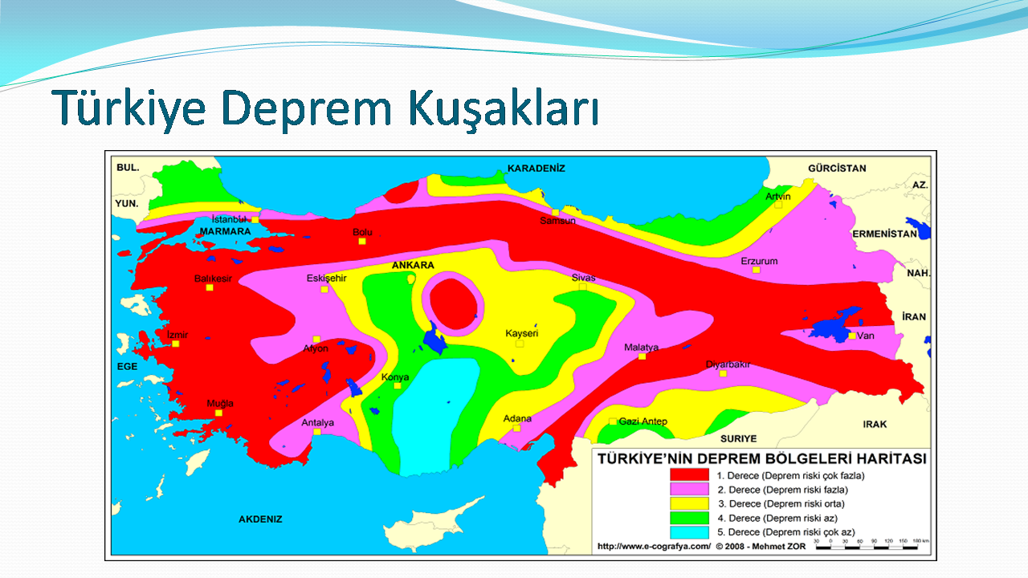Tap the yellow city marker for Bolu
pyautogui.click(x=362, y=242)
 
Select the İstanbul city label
pyautogui.click(x=229, y=219)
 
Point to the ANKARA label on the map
pyautogui.click(x=413, y=265)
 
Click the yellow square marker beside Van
pyautogui.click(x=852, y=336)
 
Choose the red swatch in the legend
pyautogui.click(x=689, y=474)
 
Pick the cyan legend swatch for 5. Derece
pyautogui.click(x=689, y=532)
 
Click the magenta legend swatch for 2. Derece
pyautogui.click(x=689, y=489)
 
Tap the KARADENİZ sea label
pyautogui.click(x=536, y=169)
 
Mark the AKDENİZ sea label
pyautogui.click(x=260, y=519)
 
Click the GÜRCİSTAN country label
pyautogui.click(x=837, y=169)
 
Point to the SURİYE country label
pyautogui.click(x=738, y=438)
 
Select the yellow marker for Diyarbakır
pyautogui.click(x=723, y=374)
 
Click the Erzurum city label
pyautogui.click(x=759, y=261)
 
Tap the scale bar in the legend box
pyautogui.click(x=867, y=547)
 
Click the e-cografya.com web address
pyautogui.click(x=654, y=547)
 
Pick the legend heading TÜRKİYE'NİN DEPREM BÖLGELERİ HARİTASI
pyautogui.click(x=762, y=458)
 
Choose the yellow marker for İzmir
pyautogui.click(x=175, y=344)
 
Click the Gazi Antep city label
pyautogui.click(x=643, y=421)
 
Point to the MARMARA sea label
pyautogui.click(x=226, y=232)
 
